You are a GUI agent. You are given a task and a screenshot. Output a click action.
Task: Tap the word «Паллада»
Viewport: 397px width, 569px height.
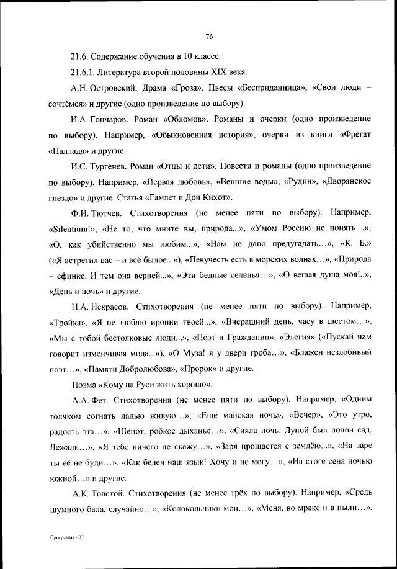(x=69, y=151)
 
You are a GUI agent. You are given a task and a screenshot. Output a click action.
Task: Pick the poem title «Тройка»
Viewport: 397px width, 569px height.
(x=66, y=322)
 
